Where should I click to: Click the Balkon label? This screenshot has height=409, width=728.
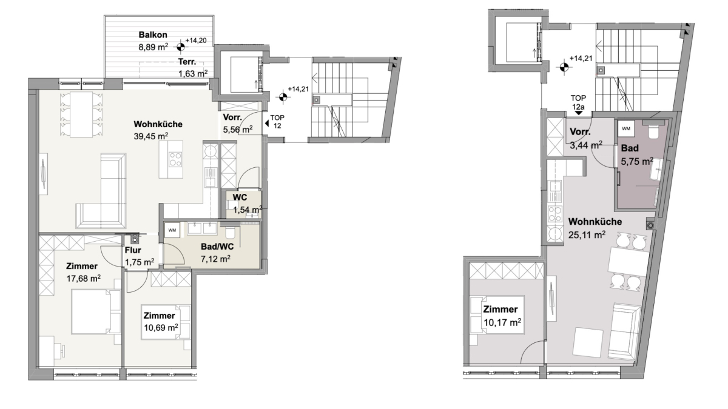153,35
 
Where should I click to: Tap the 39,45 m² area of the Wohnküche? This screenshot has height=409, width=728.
151,136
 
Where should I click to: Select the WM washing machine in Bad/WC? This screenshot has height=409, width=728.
172,230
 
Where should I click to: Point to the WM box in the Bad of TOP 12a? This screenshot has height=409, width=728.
626,128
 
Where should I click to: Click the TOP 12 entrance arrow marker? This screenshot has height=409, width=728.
267,123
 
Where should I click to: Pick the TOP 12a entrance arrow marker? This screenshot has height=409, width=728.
579,113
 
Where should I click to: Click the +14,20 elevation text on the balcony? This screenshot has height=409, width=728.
195,41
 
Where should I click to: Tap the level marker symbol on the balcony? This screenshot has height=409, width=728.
181,47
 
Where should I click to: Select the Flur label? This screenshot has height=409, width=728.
133,250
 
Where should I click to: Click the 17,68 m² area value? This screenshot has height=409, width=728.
84,278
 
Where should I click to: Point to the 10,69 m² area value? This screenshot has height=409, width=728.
161,328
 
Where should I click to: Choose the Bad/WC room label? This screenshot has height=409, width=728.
217,247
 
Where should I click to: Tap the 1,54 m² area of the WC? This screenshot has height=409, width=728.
248,210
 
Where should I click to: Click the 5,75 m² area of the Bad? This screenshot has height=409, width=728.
637,161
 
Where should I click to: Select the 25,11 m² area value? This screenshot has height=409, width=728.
587,234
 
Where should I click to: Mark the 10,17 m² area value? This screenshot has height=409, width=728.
502,322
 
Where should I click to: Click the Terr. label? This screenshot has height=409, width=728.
187,62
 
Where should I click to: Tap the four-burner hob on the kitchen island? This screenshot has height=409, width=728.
175,159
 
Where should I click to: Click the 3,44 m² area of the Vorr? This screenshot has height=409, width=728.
586,145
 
